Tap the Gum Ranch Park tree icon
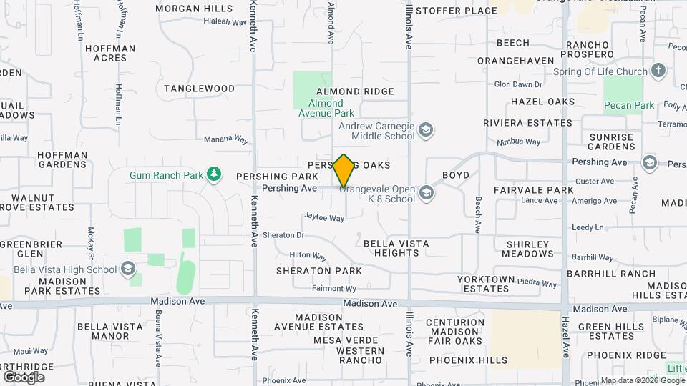pyautogui.click(x=213, y=174)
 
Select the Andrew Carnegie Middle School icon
pyautogui.click(x=426, y=129)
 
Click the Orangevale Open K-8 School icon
pyautogui.click(x=427, y=192)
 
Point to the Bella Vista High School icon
pyautogui.click(x=128, y=269)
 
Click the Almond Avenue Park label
pyautogui.click(x=326, y=108)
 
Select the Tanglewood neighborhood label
pyautogui.click(x=199, y=89)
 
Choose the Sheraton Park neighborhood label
pyautogui.click(x=319, y=271)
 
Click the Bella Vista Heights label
pyautogui.click(x=396, y=248)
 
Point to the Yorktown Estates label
pyautogui.click(x=486, y=284)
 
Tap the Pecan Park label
pyautogui.click(x=629, y=106)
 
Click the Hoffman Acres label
pyautogui.click(x=110, y=53)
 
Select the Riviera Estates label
pyautogui.click(x=527, y=123)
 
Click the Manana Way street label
pyautogui.click(x=226, y=139)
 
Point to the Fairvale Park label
pyautogui.click(x=534, y=190)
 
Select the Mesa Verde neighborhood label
pyautogui.click(x=351, y=340)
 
